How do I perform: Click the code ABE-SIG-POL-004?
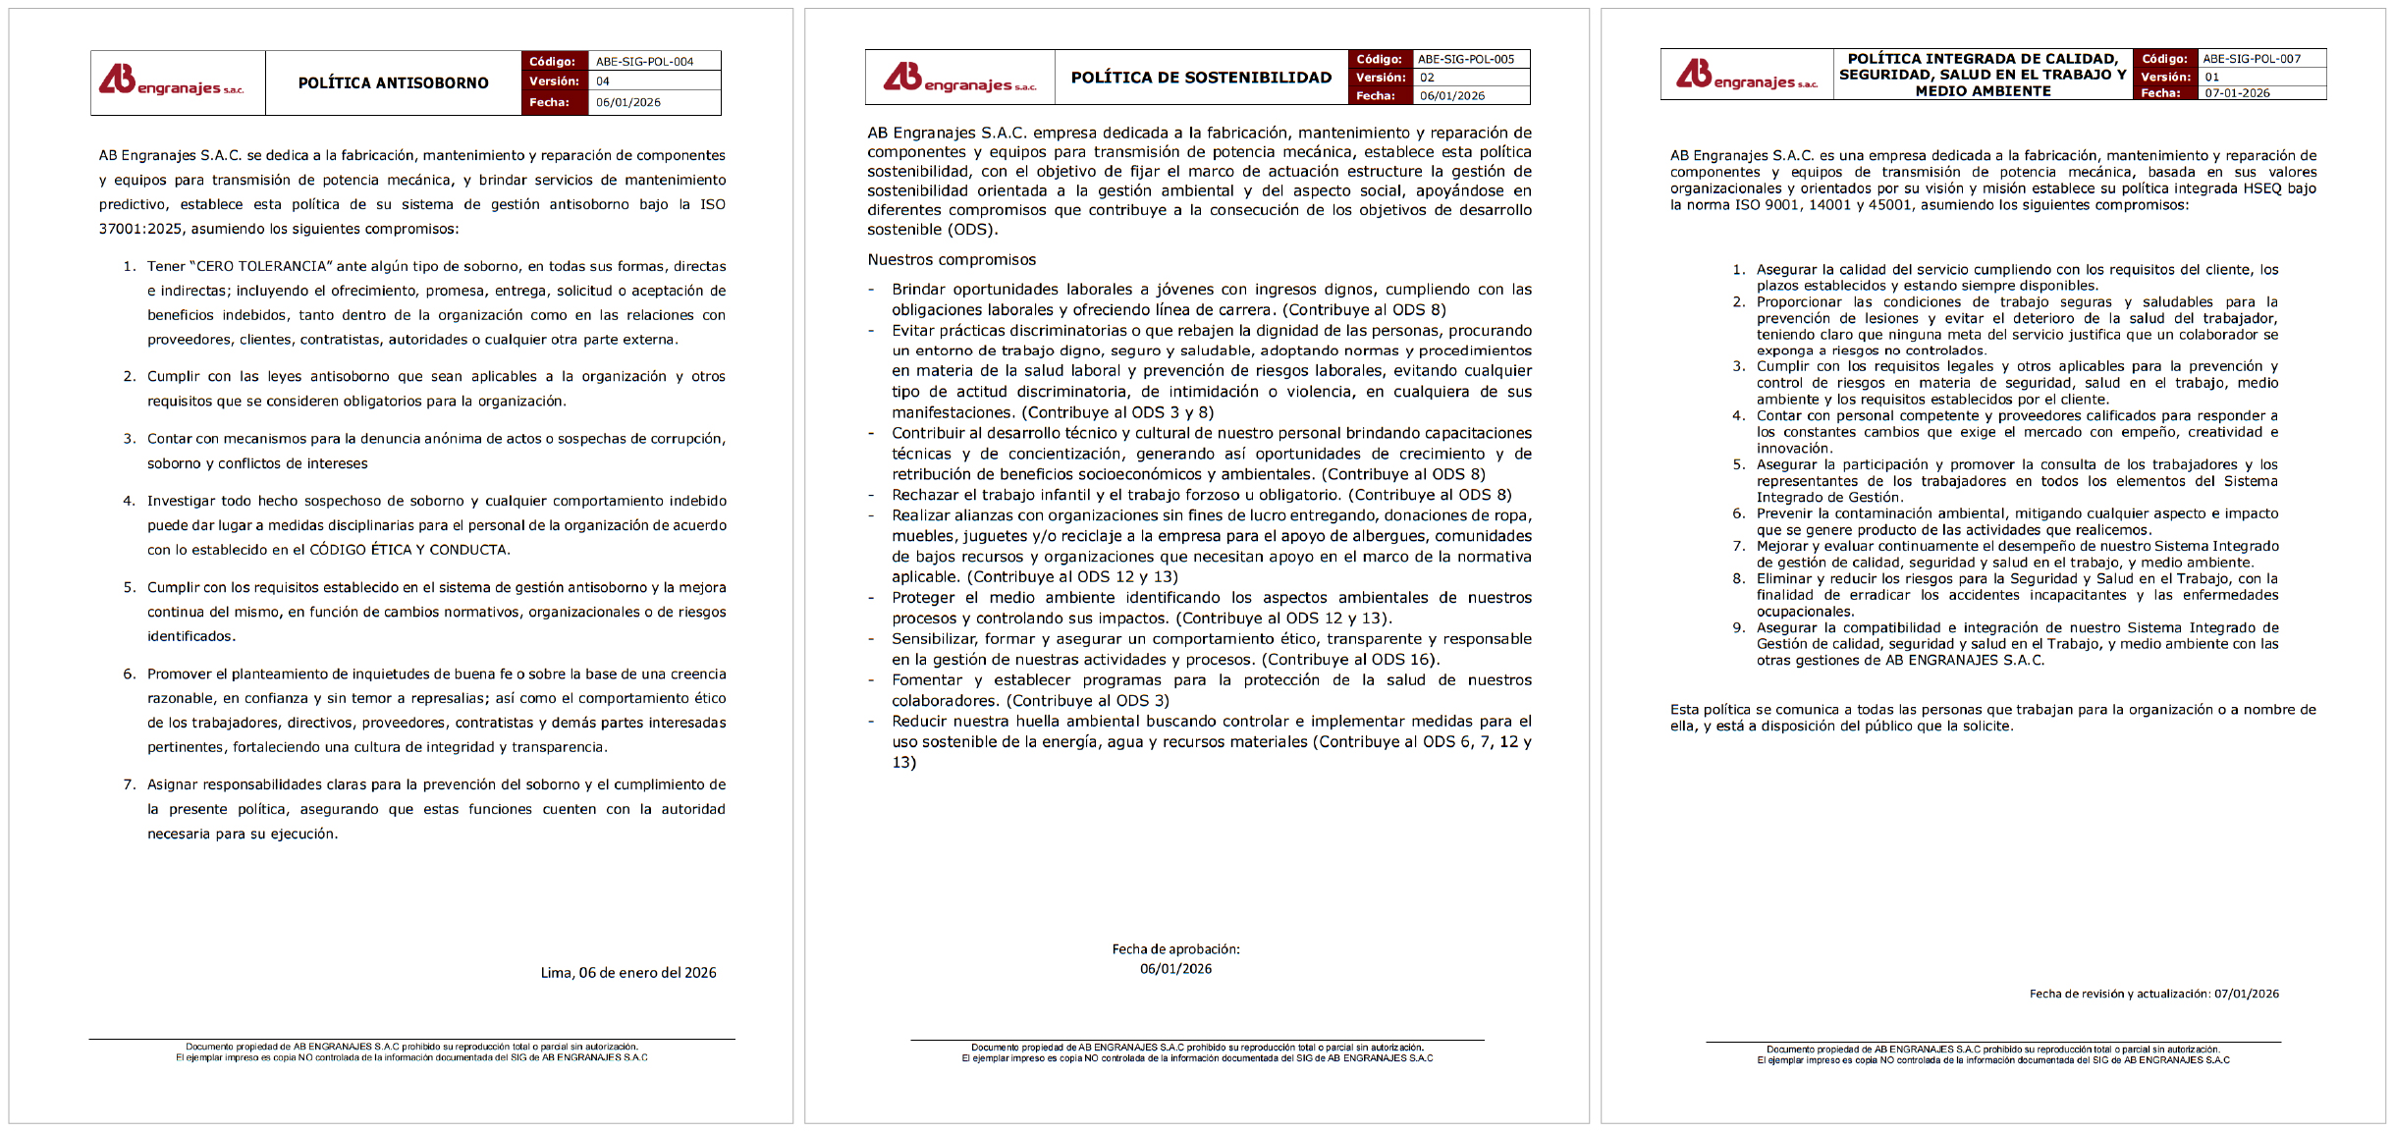tap(644, 62)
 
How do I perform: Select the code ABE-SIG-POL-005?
tap(1466, 59)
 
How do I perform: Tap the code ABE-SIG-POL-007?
tap(2252, 59)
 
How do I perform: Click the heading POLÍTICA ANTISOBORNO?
tap(393, 83)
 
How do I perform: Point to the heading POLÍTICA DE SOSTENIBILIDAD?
tap(1201, 78)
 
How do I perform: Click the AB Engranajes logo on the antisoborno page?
tap(171, 81)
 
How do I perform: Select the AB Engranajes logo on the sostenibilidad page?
tap(959, 79)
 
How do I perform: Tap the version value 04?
tap(603, 81)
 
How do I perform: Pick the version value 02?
tap(1427, 78)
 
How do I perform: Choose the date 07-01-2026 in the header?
tap(2238, 93)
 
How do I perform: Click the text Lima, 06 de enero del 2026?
tap(628, 973)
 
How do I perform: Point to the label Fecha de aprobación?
tap(1175, 949)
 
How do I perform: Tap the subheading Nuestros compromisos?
tap(952, 260)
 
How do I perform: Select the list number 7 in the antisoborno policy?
tap(129, 784)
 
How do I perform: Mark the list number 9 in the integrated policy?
tap(1738, 628)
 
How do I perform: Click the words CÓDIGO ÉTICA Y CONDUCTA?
tap(408, 550)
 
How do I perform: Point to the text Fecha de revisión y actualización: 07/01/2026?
tap(2154, 994)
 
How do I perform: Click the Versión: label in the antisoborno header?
tap(554, 81)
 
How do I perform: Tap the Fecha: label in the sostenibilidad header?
tap(1376, 96)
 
